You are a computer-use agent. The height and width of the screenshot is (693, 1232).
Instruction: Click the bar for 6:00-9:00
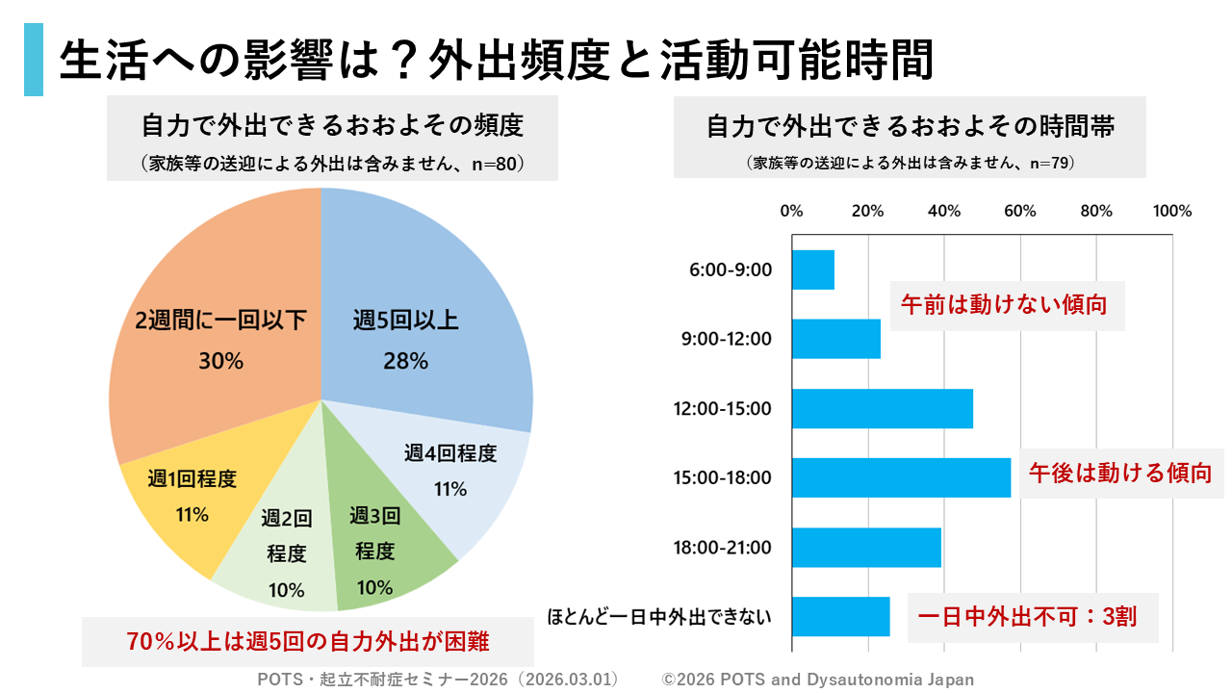(812, 269)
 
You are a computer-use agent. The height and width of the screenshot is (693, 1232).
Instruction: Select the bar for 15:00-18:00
(901, 477)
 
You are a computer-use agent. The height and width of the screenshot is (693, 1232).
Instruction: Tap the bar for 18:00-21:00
(866, 548)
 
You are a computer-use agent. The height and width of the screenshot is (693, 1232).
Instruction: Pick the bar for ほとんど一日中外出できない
(840, 617)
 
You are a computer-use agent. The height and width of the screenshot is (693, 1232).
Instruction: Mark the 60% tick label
(1019, 212)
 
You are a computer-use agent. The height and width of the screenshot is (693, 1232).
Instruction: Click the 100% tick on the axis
(1171, 212)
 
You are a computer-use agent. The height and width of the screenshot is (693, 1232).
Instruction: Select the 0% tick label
(791, 212)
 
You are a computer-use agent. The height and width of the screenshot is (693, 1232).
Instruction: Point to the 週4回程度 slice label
(450, 454)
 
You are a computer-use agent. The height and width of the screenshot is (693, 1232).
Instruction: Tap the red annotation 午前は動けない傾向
(1007, 306)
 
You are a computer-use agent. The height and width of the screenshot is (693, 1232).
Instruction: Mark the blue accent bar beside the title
(34, 61)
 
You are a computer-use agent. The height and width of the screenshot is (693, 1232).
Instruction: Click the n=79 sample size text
(1051, 164)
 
